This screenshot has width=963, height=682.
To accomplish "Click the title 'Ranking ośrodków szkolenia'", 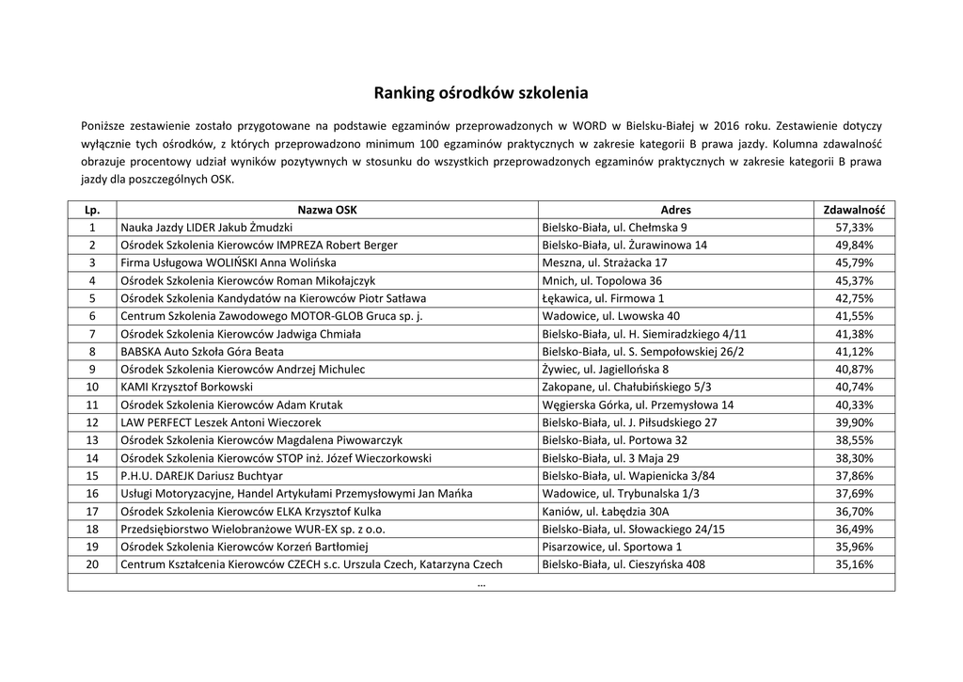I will click(481, 93).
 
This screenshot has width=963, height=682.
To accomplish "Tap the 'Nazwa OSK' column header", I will click(327, 210).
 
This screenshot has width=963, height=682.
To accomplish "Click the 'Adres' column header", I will click(675, 210).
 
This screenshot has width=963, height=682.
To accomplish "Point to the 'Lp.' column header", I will click(92, 210).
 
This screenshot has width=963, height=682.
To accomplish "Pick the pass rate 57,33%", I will click(854, 228).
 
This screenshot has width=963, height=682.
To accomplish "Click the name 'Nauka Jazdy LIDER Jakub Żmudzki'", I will click(207, 228).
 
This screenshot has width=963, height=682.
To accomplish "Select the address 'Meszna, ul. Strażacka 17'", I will click(605, 262).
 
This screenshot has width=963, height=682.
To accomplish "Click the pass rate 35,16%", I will click(854, 564).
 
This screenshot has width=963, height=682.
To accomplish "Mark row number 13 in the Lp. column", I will click(92, 439).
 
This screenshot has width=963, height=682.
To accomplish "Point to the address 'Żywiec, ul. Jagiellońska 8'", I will click(606, 369).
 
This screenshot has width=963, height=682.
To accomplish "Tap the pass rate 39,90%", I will click(854, 422).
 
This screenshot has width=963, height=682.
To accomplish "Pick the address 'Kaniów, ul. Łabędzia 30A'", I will click(603, 511).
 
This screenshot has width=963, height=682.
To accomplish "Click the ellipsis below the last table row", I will click(481, 583).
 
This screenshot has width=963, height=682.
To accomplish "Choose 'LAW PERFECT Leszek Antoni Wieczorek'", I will click(221, 422).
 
